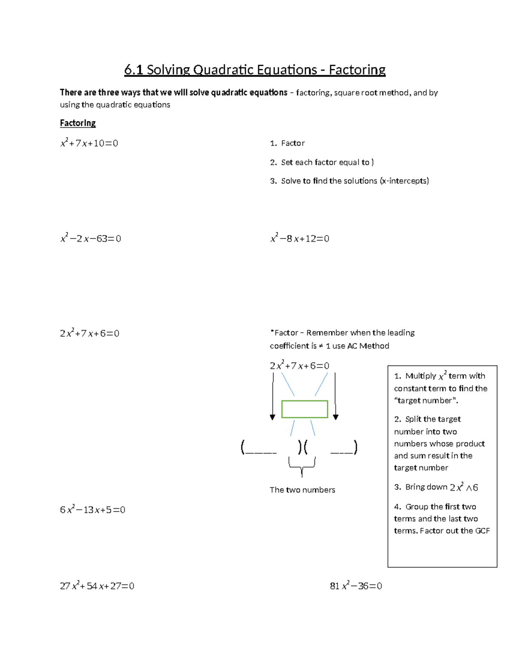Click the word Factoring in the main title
tap(357, 70)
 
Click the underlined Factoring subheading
tap(78, 123)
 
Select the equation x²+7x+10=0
tap(89, 143)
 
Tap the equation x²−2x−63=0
tap(91, 238)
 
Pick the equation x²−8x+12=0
tap(300, 238)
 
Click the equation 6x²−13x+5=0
tap(93, 510)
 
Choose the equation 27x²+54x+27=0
tap(97, 586)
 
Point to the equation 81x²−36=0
tap(356, 586)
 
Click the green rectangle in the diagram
tap(305, 409)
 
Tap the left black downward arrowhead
tap(272, 417)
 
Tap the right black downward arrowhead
tap(335, 417)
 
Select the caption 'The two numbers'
tap(302, 490)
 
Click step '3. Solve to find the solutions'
tap(349, 181)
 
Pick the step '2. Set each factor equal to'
tap(322, 162)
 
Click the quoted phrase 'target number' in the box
tap(425, 401)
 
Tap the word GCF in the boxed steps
tap(482, 531)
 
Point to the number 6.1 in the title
tap(133, 70)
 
